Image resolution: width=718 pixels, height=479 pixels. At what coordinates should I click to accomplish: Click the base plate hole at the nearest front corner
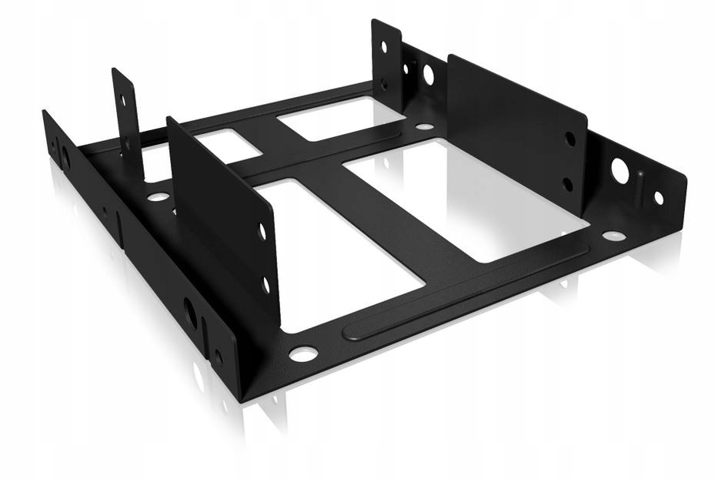302,353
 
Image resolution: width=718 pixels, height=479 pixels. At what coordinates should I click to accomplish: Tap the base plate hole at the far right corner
613,236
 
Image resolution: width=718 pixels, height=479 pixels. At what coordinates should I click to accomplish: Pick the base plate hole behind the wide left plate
159,197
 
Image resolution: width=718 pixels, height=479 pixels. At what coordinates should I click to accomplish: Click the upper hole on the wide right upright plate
569,139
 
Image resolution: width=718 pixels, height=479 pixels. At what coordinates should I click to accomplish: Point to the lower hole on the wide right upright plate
568,184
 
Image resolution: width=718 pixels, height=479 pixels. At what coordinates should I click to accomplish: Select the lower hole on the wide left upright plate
266,284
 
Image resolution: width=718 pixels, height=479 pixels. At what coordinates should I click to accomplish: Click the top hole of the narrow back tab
384,47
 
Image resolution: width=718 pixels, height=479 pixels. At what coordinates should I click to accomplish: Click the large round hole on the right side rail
620,170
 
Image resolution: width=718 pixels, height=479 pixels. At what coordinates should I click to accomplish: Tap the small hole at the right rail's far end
659,198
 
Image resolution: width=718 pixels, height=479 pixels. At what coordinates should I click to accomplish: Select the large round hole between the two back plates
427,75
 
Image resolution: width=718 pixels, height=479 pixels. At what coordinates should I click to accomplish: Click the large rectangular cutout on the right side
462,197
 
